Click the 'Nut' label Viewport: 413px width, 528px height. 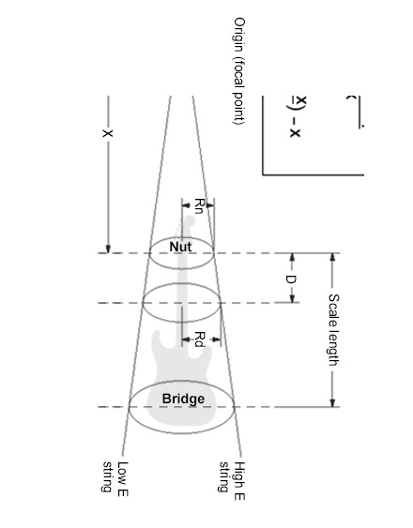181,246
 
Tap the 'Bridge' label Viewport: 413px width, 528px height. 183,400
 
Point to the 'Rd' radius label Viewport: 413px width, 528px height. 199,339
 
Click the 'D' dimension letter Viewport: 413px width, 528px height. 291,279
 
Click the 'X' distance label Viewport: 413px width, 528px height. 108,133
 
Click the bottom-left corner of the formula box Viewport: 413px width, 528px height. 265,173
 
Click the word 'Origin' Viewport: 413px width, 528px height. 238,35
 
